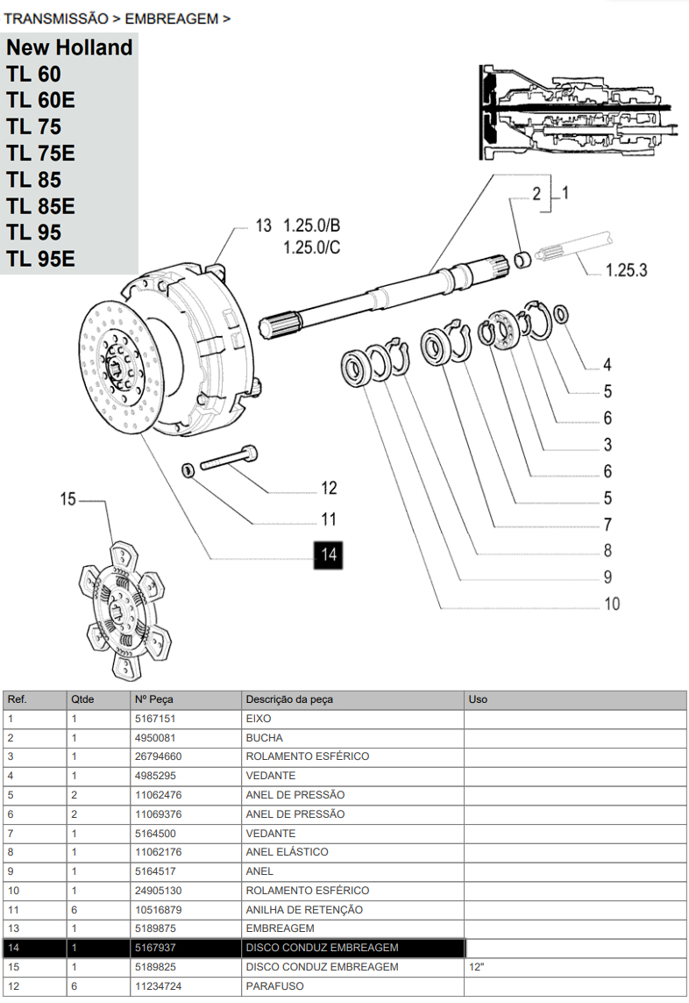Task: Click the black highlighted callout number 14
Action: coord(329,554)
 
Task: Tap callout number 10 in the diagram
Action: coord(611,604)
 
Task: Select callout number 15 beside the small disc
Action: coord(68,499)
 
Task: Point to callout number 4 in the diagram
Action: coord(607,365)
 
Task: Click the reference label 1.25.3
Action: coord(626,270)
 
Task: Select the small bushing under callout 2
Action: coord(522,259)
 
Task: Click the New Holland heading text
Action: coord(70,47)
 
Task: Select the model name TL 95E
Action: coord(41,260)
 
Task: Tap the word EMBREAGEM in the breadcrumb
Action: coord(171,18)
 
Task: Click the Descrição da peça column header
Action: coord(289,699)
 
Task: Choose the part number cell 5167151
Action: coord(155,719)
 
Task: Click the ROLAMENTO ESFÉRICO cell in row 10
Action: coord(308,891)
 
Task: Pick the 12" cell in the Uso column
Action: coord(478,967)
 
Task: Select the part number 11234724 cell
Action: coord(159,986)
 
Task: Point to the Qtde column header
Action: coord(82,699)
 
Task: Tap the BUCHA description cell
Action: coord(265,738)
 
